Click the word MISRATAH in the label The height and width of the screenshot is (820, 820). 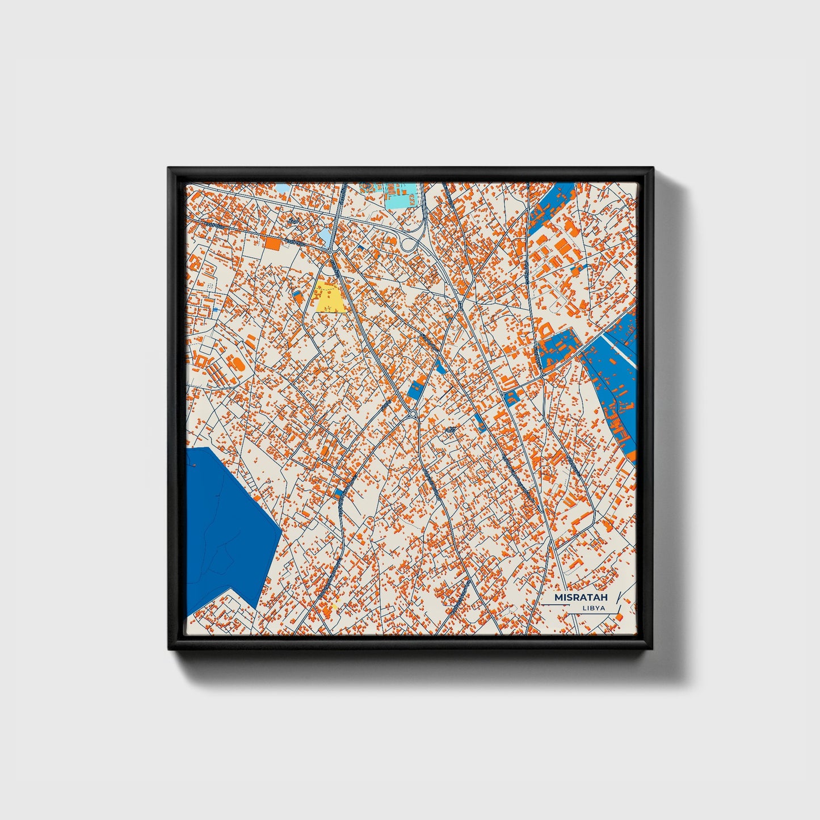[x=581, y=597]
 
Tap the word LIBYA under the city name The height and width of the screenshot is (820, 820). [x=594, y=608]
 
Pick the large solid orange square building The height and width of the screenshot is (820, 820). [x=273, y=243]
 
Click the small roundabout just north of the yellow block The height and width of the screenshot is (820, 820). [x=330, y=251]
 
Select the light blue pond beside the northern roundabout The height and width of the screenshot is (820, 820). [x=323, y=234]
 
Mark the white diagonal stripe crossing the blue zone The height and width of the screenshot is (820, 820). [x=619, y=349]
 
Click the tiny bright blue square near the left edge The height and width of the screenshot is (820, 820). [x=216, y=310]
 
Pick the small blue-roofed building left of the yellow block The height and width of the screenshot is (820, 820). [x=297, y=296]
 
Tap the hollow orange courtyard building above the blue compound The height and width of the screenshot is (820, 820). [x=546, y=330]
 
